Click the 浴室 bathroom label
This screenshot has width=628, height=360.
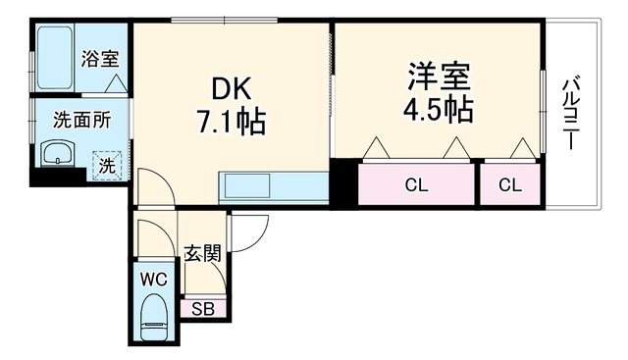click(100, 59)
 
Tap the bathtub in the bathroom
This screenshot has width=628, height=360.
click(55, 58)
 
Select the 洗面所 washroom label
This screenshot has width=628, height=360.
click(82, 120)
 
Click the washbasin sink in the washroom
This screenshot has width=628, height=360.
click(58, 153)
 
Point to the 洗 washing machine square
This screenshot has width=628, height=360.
click(107, 166)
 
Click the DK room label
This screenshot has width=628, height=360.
click(232, 89)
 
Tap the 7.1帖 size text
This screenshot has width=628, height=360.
click(231, 122)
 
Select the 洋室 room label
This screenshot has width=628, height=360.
click(439, 77)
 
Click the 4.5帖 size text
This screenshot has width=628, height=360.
click(439, 109)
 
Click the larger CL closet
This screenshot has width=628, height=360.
click(416, 184)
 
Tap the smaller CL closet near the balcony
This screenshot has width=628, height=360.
click(510, 184)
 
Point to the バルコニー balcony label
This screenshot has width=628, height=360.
click(569, 114)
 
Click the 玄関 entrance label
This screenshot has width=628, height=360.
click(203, 253)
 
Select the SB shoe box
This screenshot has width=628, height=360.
click(203, 308)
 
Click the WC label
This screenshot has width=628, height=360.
click(154, 280)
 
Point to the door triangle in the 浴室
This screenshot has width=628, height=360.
click(116, 83)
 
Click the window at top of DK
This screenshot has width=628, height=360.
click(225, 20)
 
